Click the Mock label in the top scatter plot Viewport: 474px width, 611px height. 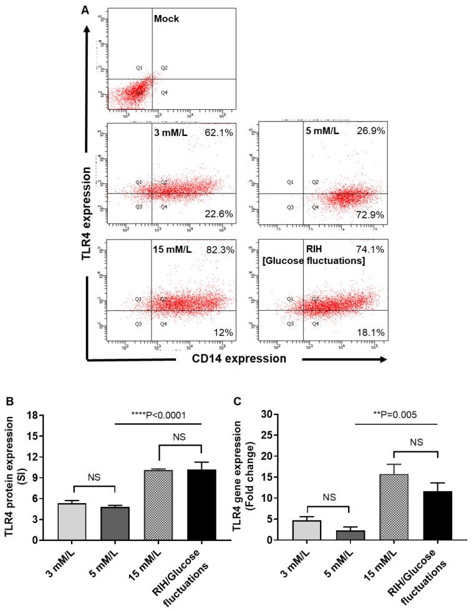click(x=167, y=19)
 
